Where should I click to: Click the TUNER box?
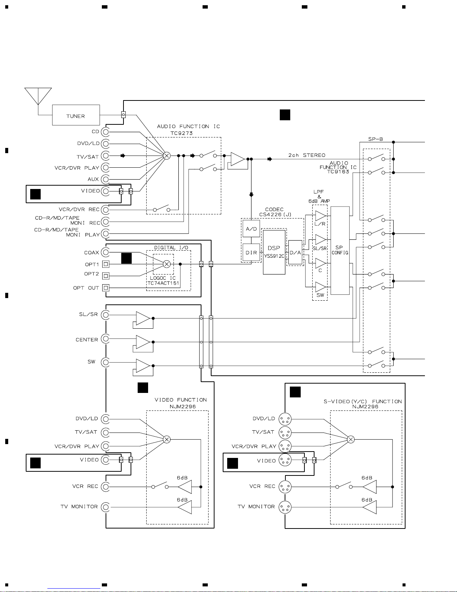[x=76, y=115]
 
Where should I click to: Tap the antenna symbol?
[x=38, y=96]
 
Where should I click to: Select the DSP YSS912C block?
[x=274, y=252]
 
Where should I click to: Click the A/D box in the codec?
[x=251, y=229]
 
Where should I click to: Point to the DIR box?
[x=251, y=252]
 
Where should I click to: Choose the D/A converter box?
[x=295, y=252]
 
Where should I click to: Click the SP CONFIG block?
[x=340, y=250]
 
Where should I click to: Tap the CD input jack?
[x=105, y=132]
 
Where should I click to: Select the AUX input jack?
[x=105, y=179]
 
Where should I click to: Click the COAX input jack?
[x=105, y=252]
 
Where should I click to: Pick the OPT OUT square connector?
[x=106, y=288]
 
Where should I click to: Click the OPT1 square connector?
[x=106, y=264]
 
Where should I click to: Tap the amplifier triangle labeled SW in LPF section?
[x=320, y=287]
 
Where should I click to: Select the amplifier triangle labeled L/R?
[x=320, y=216]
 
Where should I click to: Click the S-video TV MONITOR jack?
[x=285, y=507]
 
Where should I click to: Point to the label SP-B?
[x=375, y=139]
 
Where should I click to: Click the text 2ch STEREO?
[x=307, y=155]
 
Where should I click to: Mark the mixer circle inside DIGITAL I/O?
[x=167, y=264]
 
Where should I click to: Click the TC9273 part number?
[x=181, y=133]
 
